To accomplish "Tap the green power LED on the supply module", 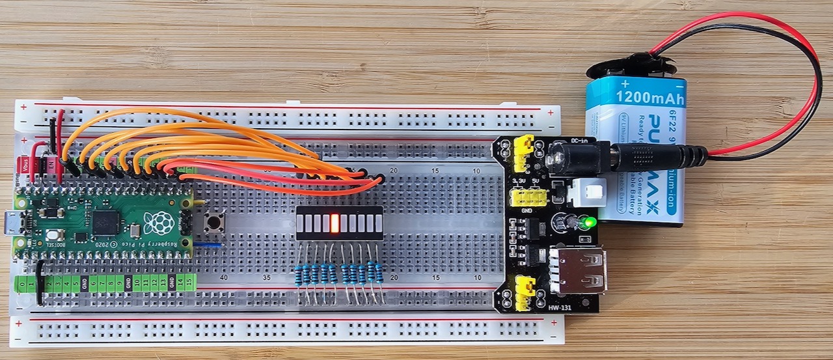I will (590, 223).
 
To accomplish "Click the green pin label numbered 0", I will (23, 283).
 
